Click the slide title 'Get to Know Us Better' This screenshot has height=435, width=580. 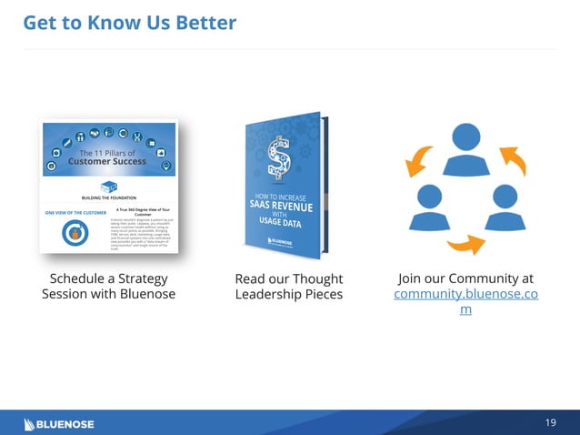[x=129, y=22]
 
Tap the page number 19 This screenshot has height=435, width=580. [x=550, y=423]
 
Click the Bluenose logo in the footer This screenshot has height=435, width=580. [x=59, y=423]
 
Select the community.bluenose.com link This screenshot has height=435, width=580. [x=465, y=295]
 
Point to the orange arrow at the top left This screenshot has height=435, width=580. [x=420, y=160]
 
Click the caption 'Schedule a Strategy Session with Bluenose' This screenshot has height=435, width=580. [x=108, y=286]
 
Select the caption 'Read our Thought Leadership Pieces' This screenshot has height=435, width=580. [x=289, y=286]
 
